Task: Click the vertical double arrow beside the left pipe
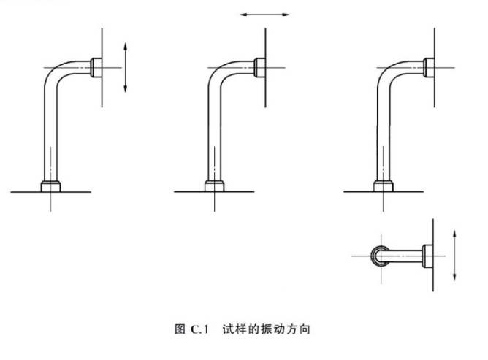(126, 67)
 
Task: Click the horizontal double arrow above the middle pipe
(264, 13)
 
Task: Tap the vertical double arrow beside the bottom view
(455, 254)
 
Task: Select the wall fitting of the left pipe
(97, 67)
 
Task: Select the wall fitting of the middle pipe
(259, 67)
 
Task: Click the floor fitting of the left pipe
(50, 185)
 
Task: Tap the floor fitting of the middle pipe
(213, 185)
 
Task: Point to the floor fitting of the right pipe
(383, 185)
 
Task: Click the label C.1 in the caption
(199, 330)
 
